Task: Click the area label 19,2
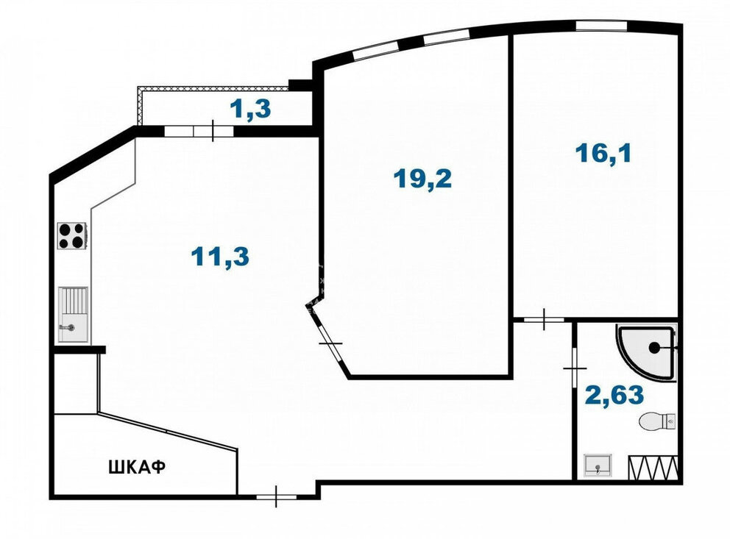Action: click(x=422, y=179)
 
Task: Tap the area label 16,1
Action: click(x=603, y=153)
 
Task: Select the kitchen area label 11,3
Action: click(x=220, y=256)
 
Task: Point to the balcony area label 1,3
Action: click(x=250, y=110)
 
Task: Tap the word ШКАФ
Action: click(x=138, y=467)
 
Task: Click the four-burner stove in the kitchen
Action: click(x=72, y=236)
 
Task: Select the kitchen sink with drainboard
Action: click(x=73, y=314)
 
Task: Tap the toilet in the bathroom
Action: click(x=657, y=421)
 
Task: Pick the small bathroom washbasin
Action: click(x=598, y=465)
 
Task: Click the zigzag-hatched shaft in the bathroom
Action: click(x=653, y=468)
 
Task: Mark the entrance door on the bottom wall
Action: click(x=276, y=496)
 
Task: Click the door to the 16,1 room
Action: click(x=545, y=319)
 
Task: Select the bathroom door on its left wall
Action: click(x=575, y=369)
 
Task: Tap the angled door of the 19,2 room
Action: click(x=331, y=343)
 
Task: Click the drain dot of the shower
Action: click(x=654, y=347)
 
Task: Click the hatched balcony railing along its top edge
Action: click(x=213, y=88)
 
